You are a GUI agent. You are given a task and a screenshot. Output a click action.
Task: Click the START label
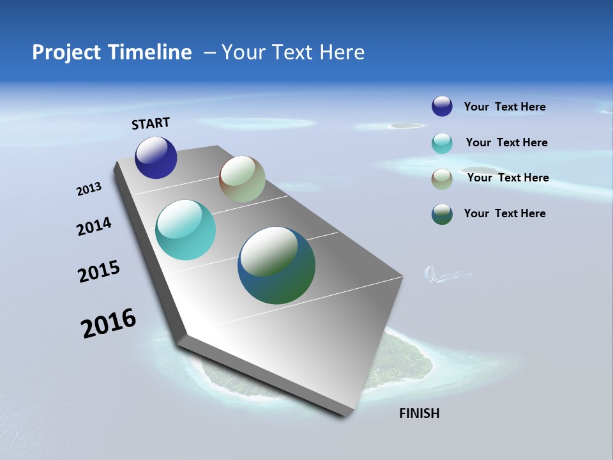tap(151, 123)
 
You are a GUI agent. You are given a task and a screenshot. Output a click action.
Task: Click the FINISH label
tap(419, 413)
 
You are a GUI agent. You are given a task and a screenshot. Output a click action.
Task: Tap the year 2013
tap(89, 189)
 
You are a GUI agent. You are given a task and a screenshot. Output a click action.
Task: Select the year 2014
tap(94, 226)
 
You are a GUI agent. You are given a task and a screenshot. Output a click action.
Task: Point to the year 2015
tap(99, 272)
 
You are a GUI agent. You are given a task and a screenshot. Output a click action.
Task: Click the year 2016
tap(109, 323)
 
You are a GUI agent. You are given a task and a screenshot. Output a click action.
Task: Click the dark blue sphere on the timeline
tap(156, 158)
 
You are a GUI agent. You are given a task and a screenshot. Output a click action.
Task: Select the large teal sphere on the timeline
tap(185, 230)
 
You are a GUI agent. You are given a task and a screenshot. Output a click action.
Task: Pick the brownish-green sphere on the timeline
tap(242, 179)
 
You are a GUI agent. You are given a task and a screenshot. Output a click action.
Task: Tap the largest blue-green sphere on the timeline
tap(276, 265)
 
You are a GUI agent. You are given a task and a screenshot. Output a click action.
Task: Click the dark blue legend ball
tap(442, 106)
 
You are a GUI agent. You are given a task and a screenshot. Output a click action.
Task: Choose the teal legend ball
tap(442, 143)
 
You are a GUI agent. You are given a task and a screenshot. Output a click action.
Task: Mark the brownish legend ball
tap(442, 179)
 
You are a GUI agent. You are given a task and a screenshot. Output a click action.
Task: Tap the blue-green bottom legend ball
tap(442, 214)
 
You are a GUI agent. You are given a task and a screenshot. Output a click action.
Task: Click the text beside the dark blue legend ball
tap(504, 107)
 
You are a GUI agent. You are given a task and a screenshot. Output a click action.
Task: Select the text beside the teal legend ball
tap(506, 142)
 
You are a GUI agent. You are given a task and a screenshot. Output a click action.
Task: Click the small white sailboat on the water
tap(430, 273)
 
